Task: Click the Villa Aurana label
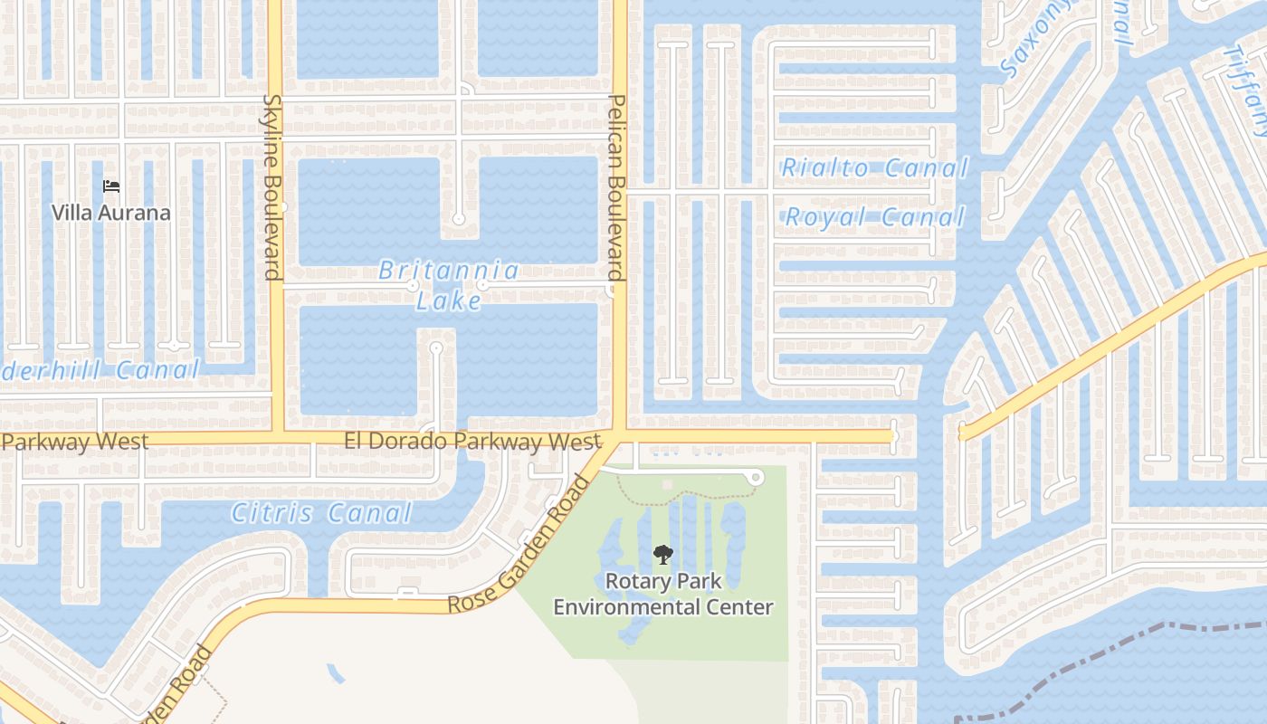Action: pyautogui.click(x=110, y=214)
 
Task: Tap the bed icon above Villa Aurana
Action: pyautogui.click(x=111, y=186)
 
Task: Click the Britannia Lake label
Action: pyautogui.click(x=449, y=284)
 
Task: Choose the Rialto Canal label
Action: pyautogui.click(x=874, y=167)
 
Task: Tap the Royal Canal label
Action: pyautogui.click(x=874, y=217)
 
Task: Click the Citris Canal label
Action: pyautogui.click(x=322, y=514)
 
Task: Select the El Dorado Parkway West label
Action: pyautogui.click(x=472, y=442)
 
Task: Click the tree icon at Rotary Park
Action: pyautogui.click(x=663, y=554)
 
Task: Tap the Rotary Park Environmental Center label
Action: pyautogui.click(x=663, y=594)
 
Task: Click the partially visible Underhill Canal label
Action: pyautogui.click(x=100, y=369)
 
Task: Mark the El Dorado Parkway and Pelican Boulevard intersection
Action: pyautogui.click(x=620, y=436)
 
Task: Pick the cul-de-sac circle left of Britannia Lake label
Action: pyautogui.click(x=413, y=285)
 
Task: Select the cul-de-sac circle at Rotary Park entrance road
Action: pyautogui.click(x=757, y=477)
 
